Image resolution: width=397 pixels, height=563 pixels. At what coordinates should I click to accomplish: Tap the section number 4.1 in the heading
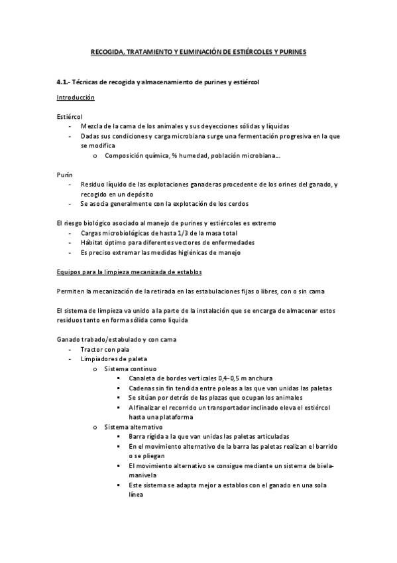point(63,82)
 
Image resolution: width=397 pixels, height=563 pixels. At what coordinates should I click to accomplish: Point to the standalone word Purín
point(65,174)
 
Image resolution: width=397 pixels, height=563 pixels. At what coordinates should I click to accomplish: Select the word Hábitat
point(92,242)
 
